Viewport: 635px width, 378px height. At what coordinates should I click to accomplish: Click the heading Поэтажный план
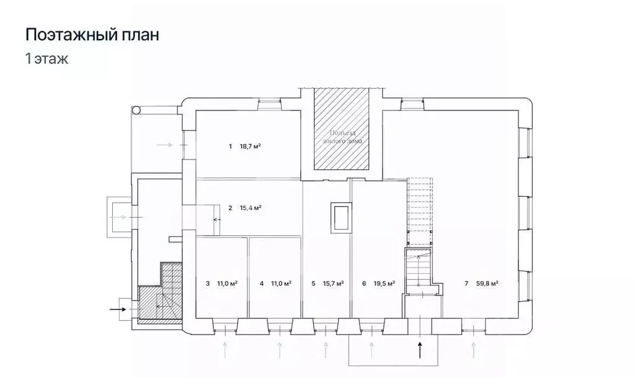92,35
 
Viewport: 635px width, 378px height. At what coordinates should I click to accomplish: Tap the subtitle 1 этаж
46,60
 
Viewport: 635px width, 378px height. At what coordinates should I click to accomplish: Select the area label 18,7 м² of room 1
250,146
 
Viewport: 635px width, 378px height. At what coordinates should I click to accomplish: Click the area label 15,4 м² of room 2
250,208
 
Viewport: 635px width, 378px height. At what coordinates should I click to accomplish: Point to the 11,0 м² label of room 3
227,284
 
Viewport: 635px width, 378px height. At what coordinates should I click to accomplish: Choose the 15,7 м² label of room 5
333,284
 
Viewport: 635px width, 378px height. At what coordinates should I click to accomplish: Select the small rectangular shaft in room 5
340,218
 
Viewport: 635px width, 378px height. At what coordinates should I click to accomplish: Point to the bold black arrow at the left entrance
116,307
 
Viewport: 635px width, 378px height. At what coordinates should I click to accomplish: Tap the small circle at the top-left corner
136,110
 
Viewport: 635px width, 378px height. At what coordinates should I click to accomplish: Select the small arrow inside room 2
216,219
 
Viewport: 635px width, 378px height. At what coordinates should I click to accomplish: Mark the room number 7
466,284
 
